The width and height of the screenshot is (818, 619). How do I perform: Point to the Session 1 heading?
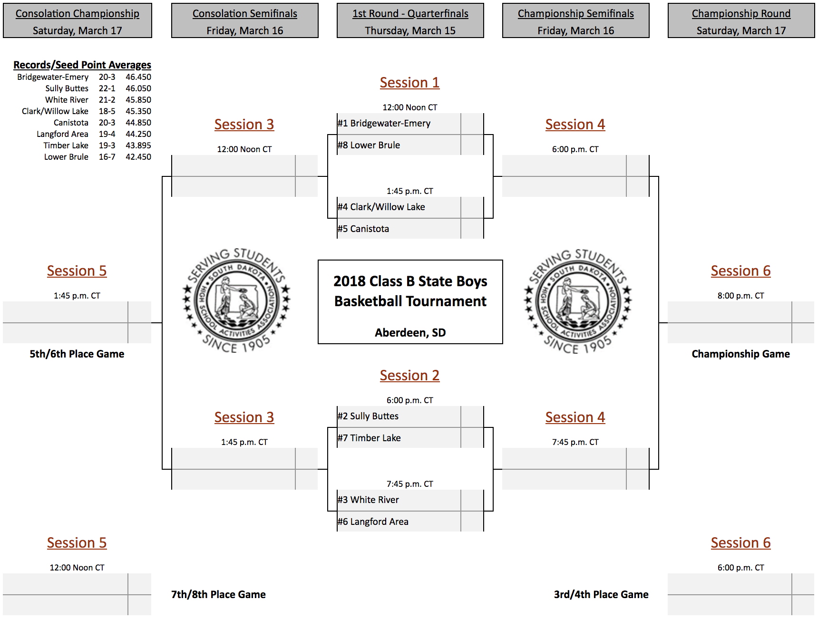pos(409,83)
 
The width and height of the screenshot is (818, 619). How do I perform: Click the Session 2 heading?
pos(409,376)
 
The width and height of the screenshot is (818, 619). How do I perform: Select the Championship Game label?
pos(740,354)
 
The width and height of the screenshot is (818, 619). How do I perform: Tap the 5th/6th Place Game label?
pos(77,354)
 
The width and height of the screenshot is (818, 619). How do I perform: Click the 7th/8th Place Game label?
pos(218,595)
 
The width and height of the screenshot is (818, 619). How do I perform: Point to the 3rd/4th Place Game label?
pos(601,595)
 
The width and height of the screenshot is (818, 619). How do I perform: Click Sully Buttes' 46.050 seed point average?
pos(138,88)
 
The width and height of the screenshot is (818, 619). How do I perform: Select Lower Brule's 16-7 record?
pos(107,157)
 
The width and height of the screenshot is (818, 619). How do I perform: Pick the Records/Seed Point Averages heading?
pos(82,65)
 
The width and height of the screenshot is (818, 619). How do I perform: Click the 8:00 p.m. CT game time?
pos(740,296)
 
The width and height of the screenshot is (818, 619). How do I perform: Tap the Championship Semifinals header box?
pos(575,20)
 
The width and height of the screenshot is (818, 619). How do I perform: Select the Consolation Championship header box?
pos(78,20)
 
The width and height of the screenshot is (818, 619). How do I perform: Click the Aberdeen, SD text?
pos(410,333)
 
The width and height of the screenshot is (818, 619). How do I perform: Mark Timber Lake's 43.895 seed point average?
pos(138,145)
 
